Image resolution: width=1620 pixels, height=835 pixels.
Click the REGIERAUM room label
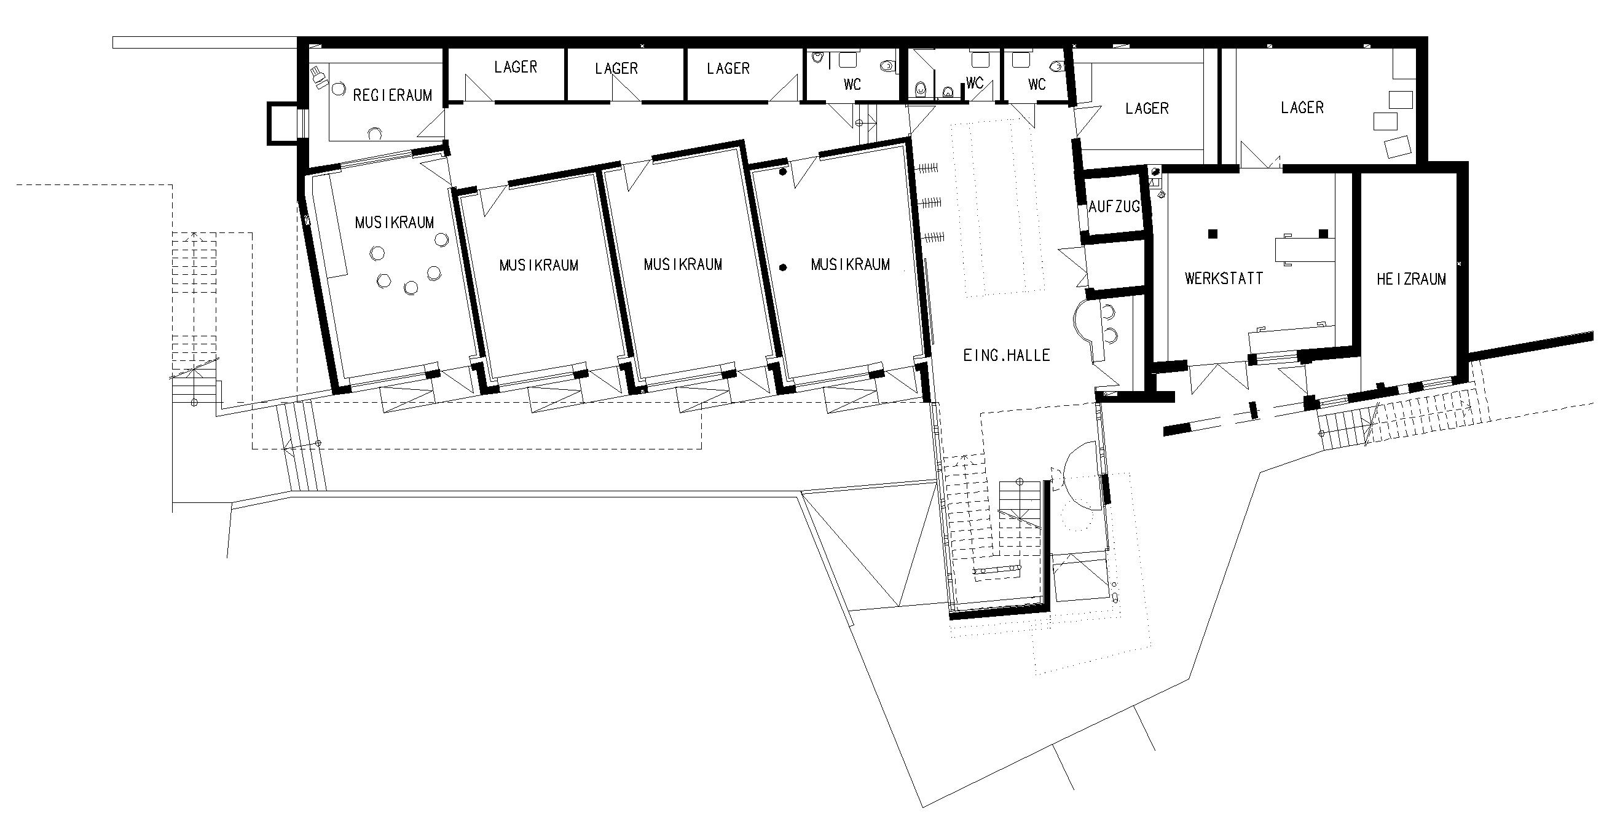coord(393,96)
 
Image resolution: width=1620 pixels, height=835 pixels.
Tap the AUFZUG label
coord(1114,207)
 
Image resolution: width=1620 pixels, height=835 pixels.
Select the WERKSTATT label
coord(1224,278)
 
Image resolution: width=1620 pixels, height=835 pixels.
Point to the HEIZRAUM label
coord(1411,279)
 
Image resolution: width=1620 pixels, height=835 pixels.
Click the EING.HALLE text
coord(1007,355)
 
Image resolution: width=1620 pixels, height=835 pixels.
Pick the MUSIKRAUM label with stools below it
coord(395,222)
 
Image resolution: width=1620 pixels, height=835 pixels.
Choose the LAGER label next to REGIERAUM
coord(516,66)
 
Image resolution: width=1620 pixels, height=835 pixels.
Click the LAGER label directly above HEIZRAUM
coord(1302,108)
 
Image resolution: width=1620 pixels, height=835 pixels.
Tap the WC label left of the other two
coord(852,84)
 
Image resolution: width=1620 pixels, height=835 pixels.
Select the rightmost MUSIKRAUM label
coord(850,264)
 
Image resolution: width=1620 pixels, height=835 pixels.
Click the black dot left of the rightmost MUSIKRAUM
coord(783,267)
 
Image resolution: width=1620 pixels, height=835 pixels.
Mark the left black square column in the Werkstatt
coord(1213,234)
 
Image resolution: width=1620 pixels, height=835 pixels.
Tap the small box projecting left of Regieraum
coord(280,122)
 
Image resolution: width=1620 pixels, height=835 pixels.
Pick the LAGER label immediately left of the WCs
coord(728,68)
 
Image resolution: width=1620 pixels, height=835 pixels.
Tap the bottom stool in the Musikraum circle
coord(411,288)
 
